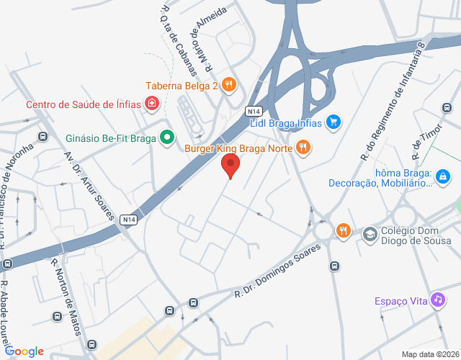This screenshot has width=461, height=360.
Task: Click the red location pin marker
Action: pyautogui.click(x=230, y=165)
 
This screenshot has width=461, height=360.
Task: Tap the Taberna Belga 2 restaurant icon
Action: pyautogui.click(x=229, y=85)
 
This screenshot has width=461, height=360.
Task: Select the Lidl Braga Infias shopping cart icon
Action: pyautogui.click(x=333, y=122)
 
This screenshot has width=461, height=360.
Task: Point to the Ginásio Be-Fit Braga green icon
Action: pyautogui.click(x=167, y=136)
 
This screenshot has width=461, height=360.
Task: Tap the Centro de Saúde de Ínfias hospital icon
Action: pyautogui.click(x=152, y=104)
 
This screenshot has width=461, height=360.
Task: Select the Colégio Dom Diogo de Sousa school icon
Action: pyautogui.click(x=370, y=233)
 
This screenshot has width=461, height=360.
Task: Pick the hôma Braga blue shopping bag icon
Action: pyautogui.click(x=443, y=175)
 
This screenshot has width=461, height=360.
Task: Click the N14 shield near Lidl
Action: pyautogui.click(x=252, y=112)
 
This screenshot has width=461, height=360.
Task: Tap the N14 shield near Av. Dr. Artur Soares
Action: pyautogui.click(x=129, y=220)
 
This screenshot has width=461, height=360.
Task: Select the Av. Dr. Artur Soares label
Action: pyautogui.click(x=85, y=180)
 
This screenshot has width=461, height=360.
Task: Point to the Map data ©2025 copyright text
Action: pyautogui.click(x=429, y=354)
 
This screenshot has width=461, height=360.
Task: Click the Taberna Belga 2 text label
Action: pyautogui.click(x=182, y=86)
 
